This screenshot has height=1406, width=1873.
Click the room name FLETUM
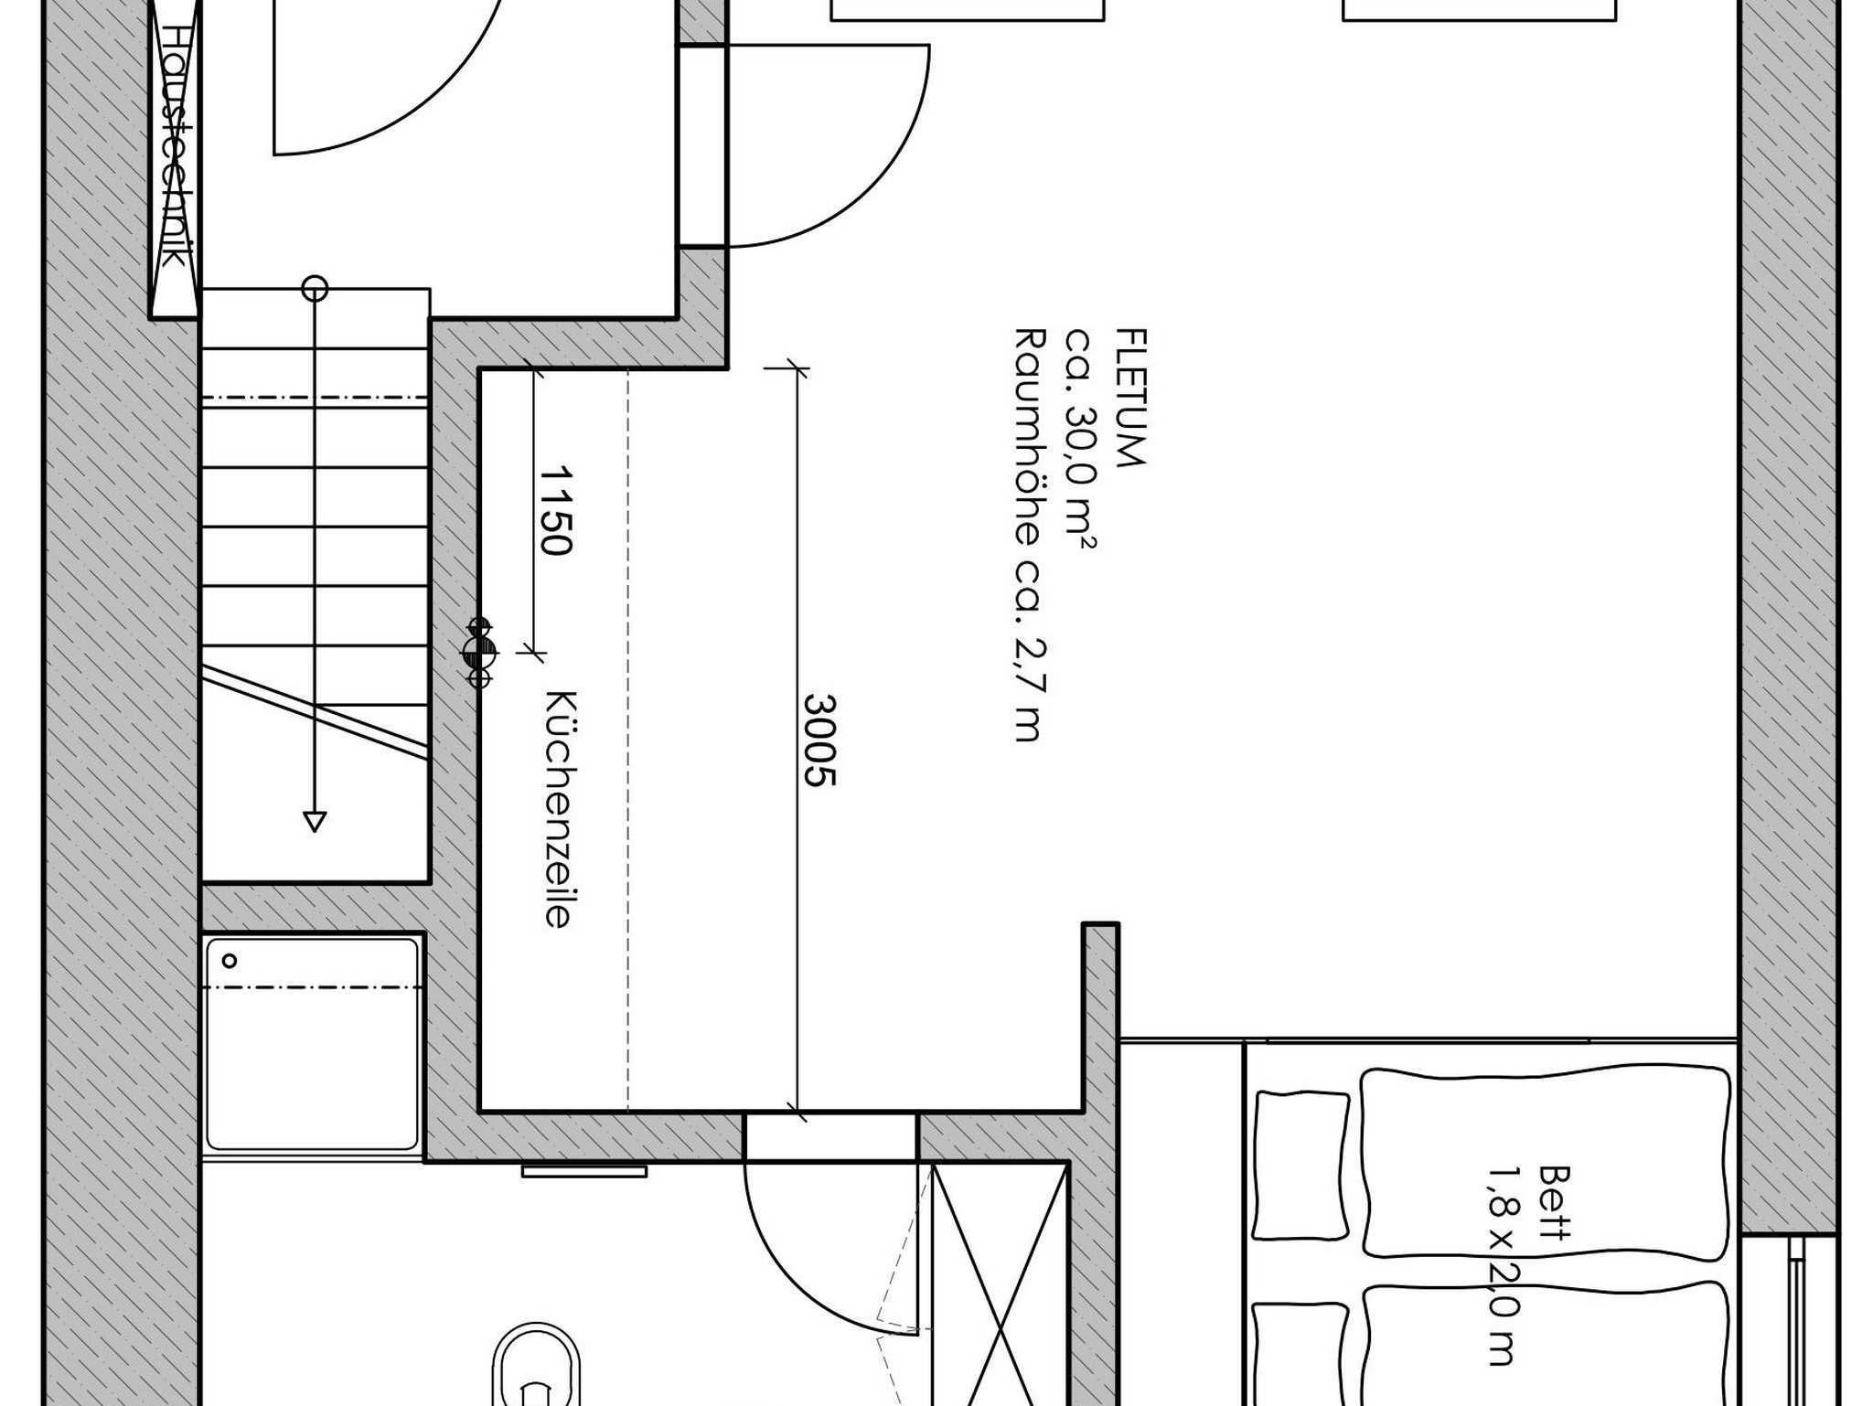(x=1131, y=398)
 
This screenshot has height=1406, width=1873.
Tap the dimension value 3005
(x=820, y=740)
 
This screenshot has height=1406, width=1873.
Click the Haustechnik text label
(x=174, y=146)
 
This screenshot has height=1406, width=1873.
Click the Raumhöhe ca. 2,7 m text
(x=1030, y=535)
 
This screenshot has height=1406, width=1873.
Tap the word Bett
(x=1554, y=1201)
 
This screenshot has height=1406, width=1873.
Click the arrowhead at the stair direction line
(x=315, y=822)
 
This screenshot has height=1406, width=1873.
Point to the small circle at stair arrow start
(x=315, y=289)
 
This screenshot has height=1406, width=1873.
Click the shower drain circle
(x=230, y=961)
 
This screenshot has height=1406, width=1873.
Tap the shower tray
(x=313, y=1044)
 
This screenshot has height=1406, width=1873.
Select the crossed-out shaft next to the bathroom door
(x=1000, y=1284)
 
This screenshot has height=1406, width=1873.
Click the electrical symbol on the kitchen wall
(x=479, y=652)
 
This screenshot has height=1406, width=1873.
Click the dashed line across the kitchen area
(x=628, y=740)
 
